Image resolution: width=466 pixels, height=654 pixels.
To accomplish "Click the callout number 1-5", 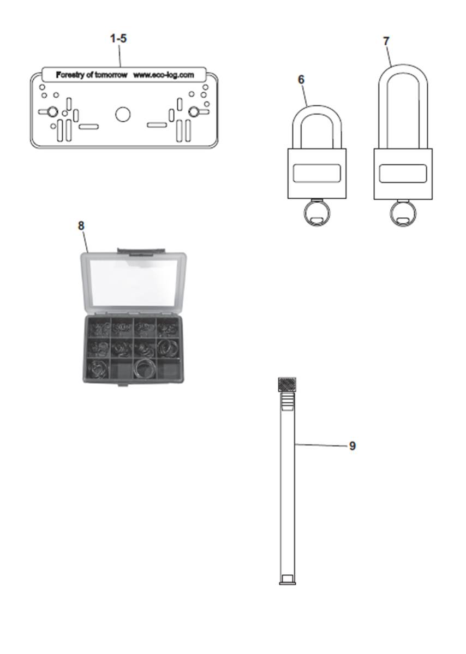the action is click(x=118, y=39).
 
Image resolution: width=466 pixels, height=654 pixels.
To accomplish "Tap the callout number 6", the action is click(x=301, y=79).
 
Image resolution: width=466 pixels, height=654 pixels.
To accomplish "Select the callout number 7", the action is click(x=386, y=41).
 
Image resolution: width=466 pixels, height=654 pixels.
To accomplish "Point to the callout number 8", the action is click(x=81, y=225).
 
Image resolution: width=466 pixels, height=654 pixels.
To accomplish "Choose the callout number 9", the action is click(x=353, y=446).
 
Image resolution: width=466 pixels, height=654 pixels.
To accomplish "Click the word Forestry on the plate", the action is click(x=70, y=75).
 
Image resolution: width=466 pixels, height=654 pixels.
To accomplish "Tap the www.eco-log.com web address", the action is click(x=163, y=75).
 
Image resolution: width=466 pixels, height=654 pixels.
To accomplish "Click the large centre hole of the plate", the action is click(x=123, y=114).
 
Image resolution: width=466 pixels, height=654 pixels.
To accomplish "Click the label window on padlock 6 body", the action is click(x=317, y=174).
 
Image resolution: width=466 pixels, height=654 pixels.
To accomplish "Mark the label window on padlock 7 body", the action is click(x=403, y=174).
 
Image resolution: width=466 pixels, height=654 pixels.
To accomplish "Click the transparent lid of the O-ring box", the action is click(x=134, y=282).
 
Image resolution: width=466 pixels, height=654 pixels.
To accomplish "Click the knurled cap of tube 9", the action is click(x=287, y=383).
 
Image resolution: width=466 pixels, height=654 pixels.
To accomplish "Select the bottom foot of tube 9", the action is click(x=288, y=580).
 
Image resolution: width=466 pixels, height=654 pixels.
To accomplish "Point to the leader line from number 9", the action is click(x=322, y=445).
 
